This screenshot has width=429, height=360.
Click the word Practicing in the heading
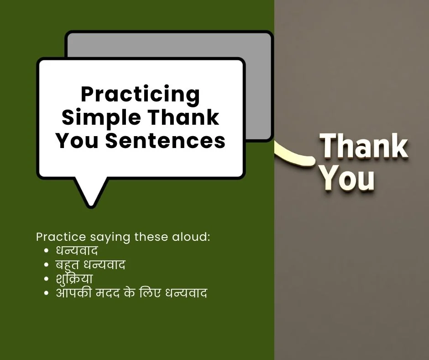click(140, 95)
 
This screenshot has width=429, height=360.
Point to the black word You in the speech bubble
click(77, 141)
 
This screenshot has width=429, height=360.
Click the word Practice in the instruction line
click(61, 237)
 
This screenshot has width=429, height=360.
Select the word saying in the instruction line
click(110, 238)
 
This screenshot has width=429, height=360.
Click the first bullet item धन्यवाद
click(77, 251)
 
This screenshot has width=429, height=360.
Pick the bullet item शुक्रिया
click(74, 279)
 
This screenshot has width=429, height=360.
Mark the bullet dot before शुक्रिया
click(47, 279)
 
